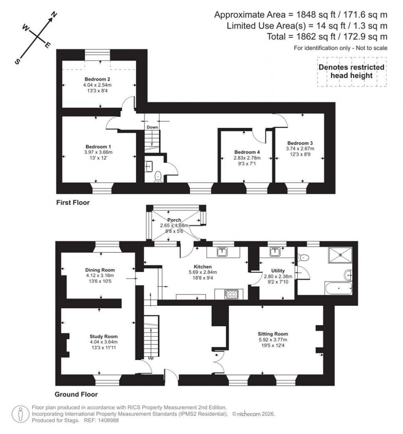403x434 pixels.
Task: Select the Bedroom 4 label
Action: (x=247, y=152)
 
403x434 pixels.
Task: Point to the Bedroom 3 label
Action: (x=300, y=143)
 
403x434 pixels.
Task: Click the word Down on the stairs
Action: (x=152, y=127)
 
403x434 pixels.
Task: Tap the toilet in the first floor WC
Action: (x=158, y=176)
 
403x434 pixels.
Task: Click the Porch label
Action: (x=174, y=220)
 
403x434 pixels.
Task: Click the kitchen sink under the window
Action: (x=223, y=252)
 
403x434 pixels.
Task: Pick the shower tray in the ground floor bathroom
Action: (x=339, y=256)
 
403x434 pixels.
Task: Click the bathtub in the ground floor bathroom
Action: (x=338, y=288)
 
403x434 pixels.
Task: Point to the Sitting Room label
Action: (x=270, y=333)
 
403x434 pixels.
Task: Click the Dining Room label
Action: (x=100, y=270)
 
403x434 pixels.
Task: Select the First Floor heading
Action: (x=73, y=203)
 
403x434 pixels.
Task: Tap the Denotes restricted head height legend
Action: (x=351, y=71)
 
